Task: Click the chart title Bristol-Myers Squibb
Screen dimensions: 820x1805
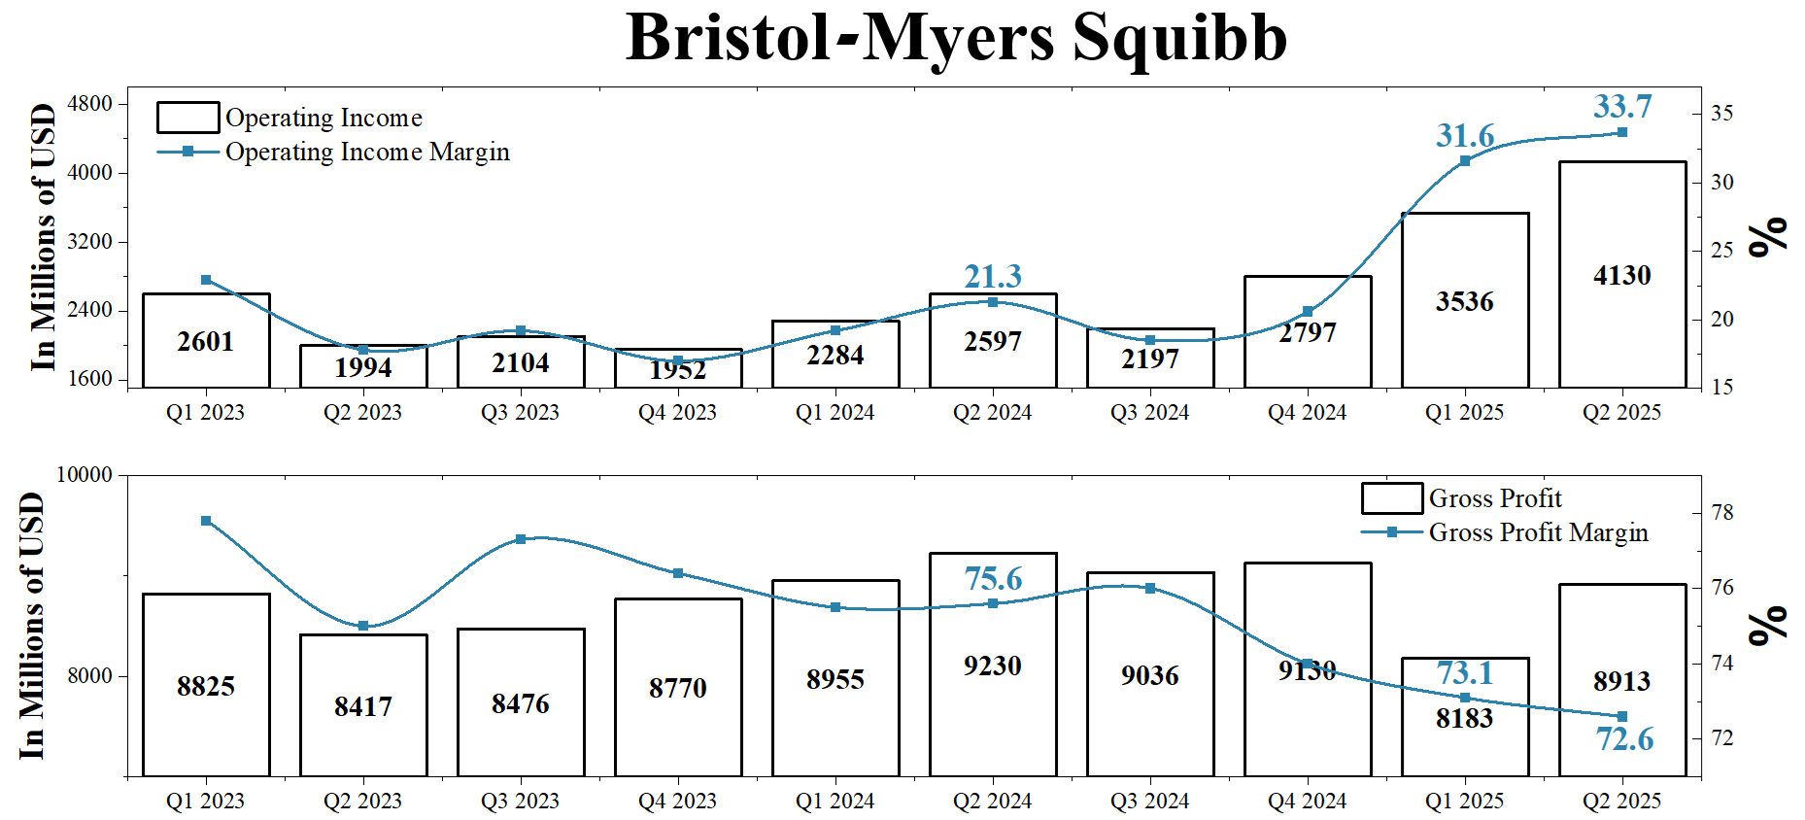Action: tap(956, 39)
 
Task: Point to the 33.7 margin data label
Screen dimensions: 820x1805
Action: tap(1621, 106)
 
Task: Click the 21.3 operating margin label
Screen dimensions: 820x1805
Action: tap(993, 276)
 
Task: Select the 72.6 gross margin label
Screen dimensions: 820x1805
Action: tap(1624, 739)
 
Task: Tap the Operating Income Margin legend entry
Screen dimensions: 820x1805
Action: tap(366, 152)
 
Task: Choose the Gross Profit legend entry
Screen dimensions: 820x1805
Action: tap(1494, 498)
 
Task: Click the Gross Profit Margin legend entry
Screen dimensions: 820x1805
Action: tap(1537, 532)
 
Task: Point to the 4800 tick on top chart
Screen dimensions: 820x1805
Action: tap(89, 103)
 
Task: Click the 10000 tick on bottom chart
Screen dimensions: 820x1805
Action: tap(85, 474)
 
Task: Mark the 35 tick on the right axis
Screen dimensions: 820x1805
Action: tap(1721, 114)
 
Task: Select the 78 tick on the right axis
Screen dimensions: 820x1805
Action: tap(1721, 512)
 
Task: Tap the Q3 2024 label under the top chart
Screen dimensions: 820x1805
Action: tap(1149, 412)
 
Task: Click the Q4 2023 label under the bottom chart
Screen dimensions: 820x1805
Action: tap(677, 801)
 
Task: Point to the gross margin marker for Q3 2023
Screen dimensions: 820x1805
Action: tap(521, 539)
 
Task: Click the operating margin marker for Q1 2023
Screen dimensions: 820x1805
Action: tap(206, 280)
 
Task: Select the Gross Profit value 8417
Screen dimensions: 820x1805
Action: tap(363, 706)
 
